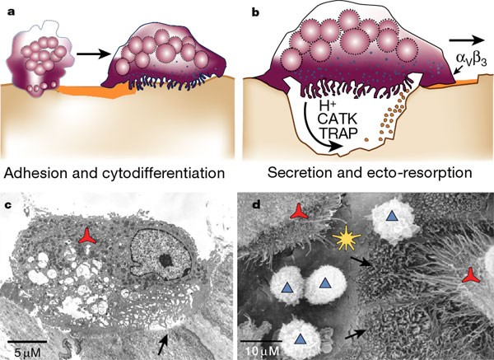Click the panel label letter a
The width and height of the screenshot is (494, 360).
pos(12,10)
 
